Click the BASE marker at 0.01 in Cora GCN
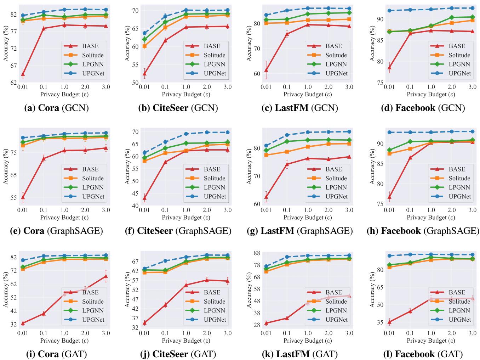[23, 74]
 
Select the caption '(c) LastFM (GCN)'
[299, 108]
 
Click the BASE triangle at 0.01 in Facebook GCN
[389, 67]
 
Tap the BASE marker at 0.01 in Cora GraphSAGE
[23, 197]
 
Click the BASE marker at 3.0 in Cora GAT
[106, 276]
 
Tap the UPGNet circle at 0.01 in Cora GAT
[23, 260]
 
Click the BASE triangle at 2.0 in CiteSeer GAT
[207, 280]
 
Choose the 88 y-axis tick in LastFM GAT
[256, 253]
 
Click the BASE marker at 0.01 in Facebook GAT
[389, 322]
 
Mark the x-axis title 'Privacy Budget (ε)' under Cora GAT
[64, 341]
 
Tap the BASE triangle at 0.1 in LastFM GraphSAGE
[287, 164]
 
